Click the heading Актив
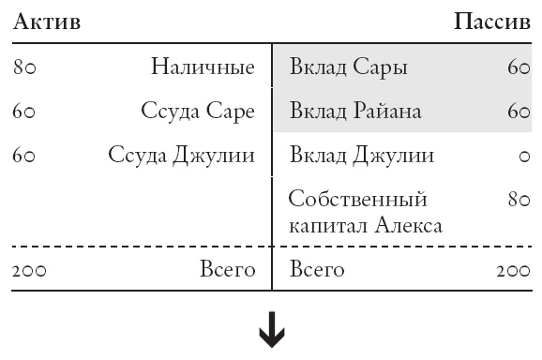coord(47,22)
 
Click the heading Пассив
coord(491,22)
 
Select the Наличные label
coord(203,67)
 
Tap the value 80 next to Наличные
coord(24,67)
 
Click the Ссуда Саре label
coord(198,112)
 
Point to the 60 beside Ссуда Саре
coord(24,112)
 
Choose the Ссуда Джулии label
coord(181,155)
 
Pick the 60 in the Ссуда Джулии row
coord(24,155)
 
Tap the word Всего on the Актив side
coord(228,270)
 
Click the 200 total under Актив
coord(30,271)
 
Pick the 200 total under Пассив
coord(513,271)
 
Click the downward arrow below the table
coord(272,335)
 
